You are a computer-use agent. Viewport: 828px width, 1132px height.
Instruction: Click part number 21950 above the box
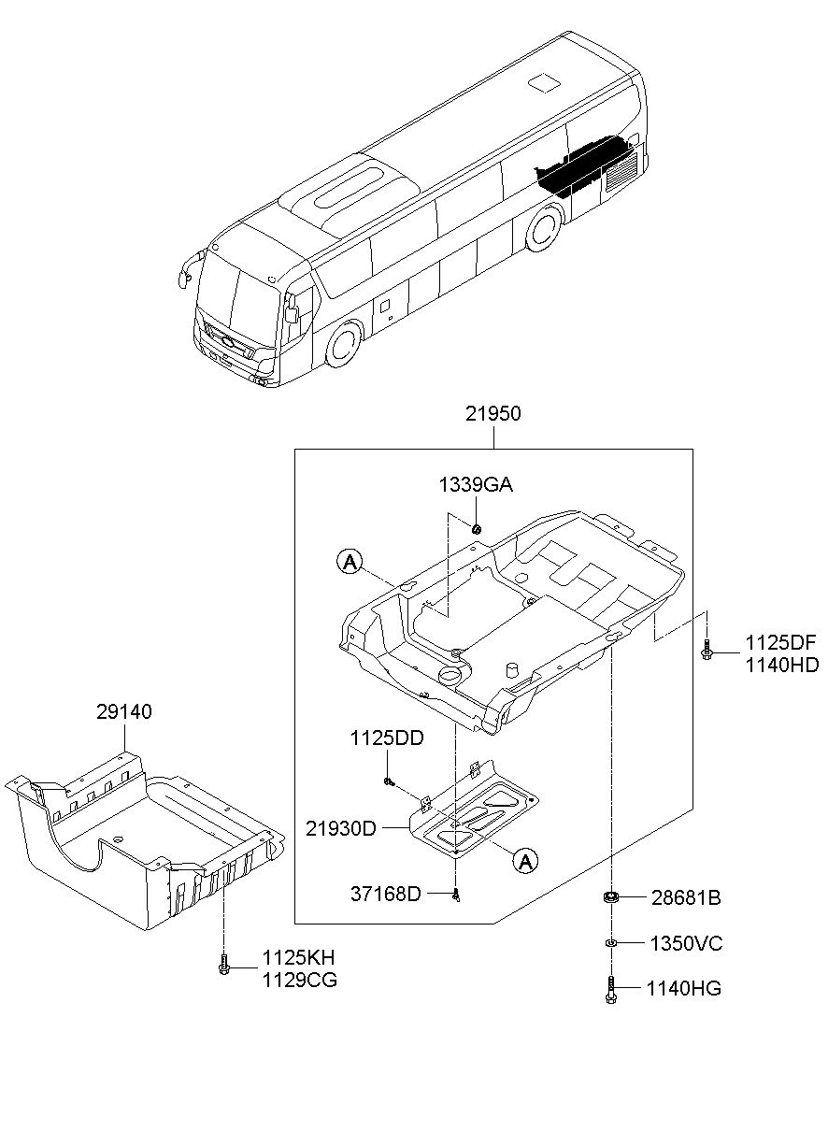tap(493, 414)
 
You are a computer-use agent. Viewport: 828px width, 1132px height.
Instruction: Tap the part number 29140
tap(124, 712)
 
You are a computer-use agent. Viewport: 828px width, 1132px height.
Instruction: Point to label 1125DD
tap(387, 738)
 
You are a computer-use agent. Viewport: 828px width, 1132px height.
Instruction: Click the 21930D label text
tap(341, 829)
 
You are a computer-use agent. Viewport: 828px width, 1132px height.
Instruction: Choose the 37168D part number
tap(385, 895)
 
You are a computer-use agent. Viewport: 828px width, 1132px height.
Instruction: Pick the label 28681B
tap(686, 898)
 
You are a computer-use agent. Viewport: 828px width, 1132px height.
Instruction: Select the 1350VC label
tap(686, 943)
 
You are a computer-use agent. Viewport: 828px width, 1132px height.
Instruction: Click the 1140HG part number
tap(684, 988)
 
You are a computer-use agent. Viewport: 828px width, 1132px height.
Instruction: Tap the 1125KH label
tap(298, 957)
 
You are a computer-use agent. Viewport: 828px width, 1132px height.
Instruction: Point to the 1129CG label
tap(300, 981)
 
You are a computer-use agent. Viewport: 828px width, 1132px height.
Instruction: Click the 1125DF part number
tap(781, 643)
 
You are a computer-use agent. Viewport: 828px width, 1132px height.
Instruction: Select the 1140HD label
tap(782, 666)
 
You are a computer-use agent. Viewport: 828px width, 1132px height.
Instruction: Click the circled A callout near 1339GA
tap(350, 562)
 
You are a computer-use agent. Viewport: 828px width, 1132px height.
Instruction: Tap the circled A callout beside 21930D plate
tap(525, 860)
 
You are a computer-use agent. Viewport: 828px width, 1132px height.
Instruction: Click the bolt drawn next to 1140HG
tap(610, 989)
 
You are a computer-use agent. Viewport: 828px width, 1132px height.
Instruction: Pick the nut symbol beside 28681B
tap(611, 897)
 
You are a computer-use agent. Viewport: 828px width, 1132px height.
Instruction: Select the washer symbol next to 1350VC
tap(610, 943)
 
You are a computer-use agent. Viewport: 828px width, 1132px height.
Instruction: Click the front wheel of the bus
tap(345, 343)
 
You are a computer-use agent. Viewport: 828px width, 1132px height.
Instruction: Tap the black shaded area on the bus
tap(584, 165)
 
